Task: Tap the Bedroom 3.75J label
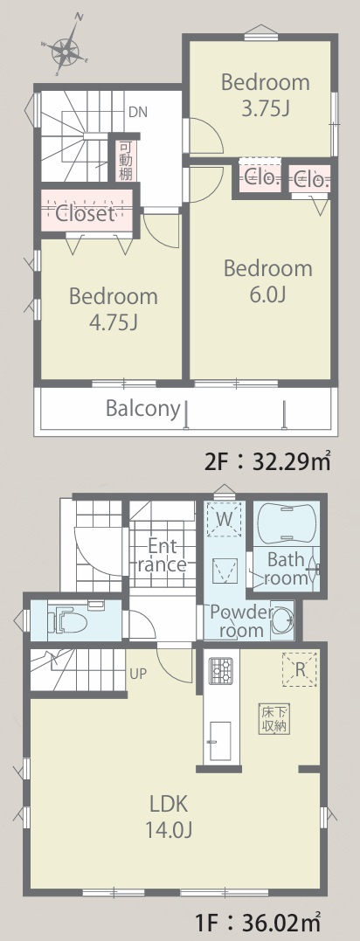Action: click(x=266, y=95)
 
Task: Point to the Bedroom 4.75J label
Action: click(x=114, y=309)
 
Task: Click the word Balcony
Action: click(x=142, y=409)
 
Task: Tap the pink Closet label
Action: click(x=85, y=213)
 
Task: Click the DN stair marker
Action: click(x=137, y=112)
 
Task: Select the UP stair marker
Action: click(x=137, y=674)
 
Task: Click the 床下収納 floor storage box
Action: click(x=274, y=717)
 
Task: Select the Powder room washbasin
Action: click(x=282, y=619)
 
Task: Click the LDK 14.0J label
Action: click(x=169, y=816)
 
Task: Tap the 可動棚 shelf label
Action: click(x=126, y=161)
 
